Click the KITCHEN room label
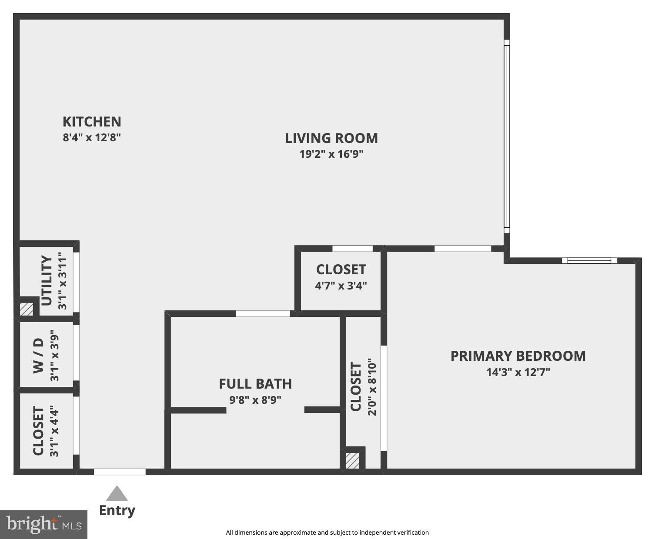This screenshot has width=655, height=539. pyautogui.click(x=92, y=122)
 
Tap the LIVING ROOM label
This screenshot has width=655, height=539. pyautogui.click(x=331, y=139)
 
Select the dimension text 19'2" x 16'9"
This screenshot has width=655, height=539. pyautogui.click(x=331, y=154)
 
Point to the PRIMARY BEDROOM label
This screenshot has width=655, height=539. pyautogui.click(x=518, y=356)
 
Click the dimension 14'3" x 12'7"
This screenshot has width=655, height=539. pyautogui.click(x=518, y=372)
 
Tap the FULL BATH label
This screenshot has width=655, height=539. pyautogui.click(x=255, y=384)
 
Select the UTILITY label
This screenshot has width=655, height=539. pyautogui.click(x=47, y=281)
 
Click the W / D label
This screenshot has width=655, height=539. pyautogui.click(x=39, y=356)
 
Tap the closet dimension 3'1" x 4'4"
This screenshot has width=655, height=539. pyautogui.click(x=54, y=431)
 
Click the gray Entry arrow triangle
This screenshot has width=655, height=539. pyautogui.click(x=117, y=494)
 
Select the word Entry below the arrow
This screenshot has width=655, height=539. pyautogui.click(x=117, y=510)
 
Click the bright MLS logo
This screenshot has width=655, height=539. pyautogui.click(x=43, y=525)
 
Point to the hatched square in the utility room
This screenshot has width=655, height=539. pyautogui.click(x=27, y=309)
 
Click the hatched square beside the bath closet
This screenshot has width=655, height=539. pyautogui.click(x=352, y=461)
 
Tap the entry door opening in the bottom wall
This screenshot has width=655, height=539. pyautogui.click(x=120, y=472)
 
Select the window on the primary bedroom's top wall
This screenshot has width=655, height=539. pyautogui.click(x=589, y=260)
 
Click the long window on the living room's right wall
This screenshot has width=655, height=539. pyautogui.click(x=507, y=136)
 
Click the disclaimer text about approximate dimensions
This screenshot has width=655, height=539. pyautogui.click(x=327, y=532)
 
